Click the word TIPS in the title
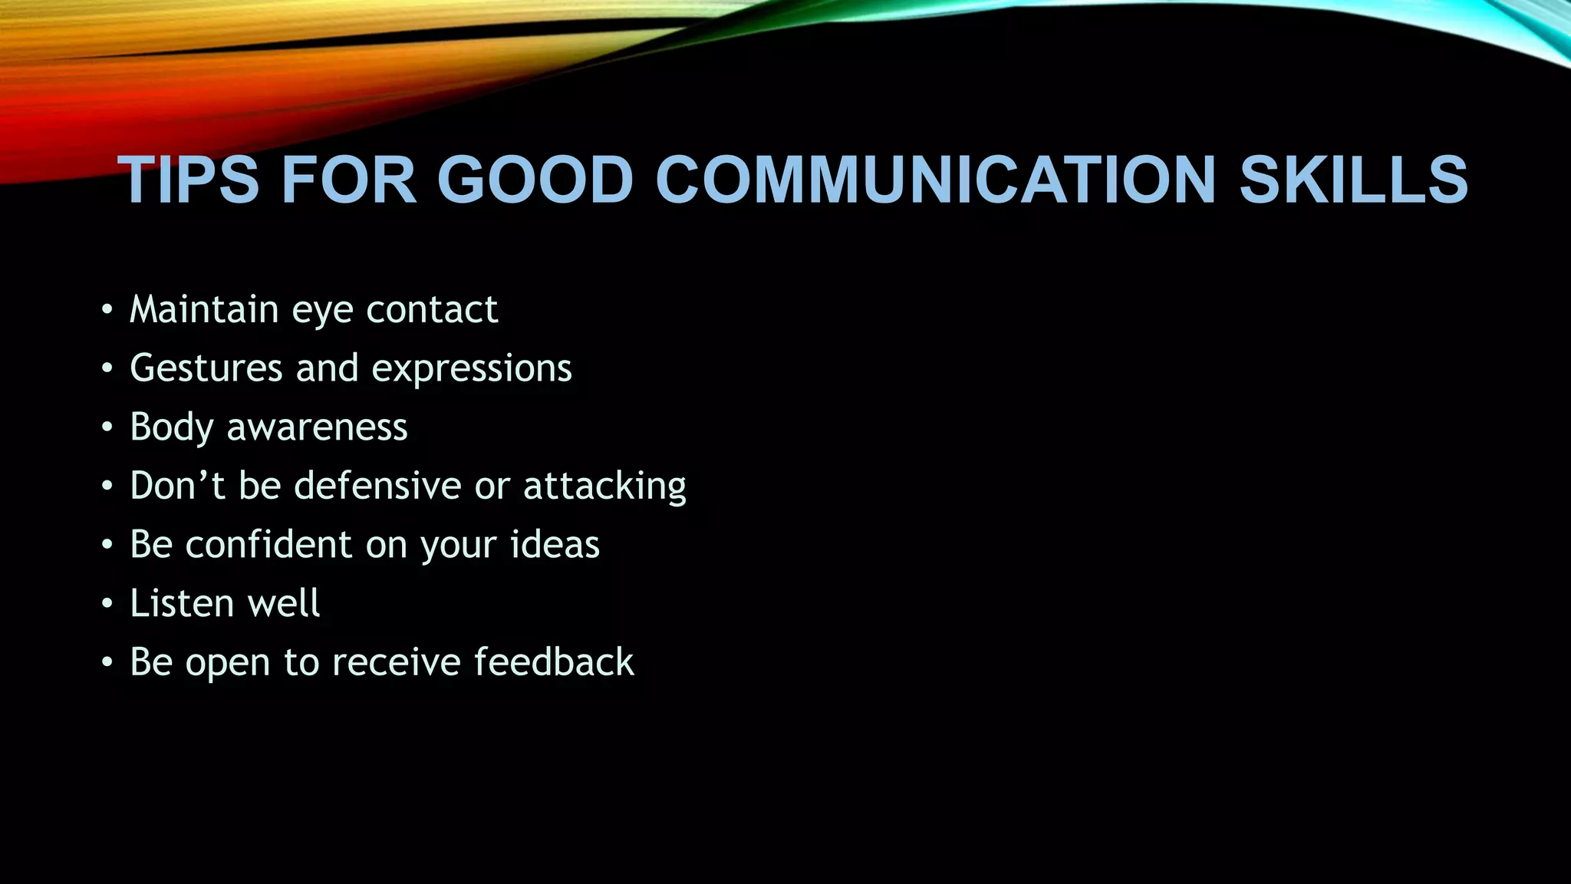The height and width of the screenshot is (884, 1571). (x=188, y=180)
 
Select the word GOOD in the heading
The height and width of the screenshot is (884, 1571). (x=535, y=180)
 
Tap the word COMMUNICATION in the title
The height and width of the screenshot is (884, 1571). (x=935, y=180)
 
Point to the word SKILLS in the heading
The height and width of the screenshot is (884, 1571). (x=1353, y=180)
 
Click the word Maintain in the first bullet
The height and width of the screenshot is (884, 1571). (x=204, y=309)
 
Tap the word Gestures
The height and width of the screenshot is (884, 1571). (x=206, y=368)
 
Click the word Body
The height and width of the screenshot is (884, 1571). (x=172, y=427)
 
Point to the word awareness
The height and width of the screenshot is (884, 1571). (x=317, y=427)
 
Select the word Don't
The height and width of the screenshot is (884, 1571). (x=177, y=486)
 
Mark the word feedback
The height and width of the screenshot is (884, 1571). (x=554, y=662)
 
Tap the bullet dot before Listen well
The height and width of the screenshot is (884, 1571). (x=107, y=604)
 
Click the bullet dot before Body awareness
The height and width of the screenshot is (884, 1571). (x=107, y=428)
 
